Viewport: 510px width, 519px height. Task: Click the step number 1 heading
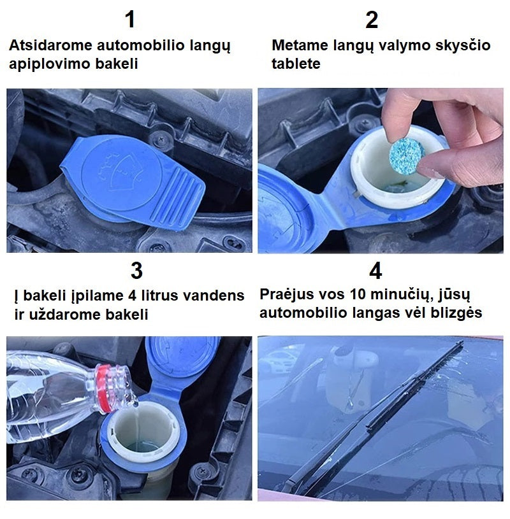tap(131, 20)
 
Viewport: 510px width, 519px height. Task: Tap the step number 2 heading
tap(372, 20)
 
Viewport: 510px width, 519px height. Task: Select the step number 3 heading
tap(136, 271)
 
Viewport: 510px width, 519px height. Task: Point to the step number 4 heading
tap(375, 271)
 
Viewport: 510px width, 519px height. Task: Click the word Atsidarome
tap(50, 45)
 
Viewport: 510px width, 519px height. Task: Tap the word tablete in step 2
tap(296, 64)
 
